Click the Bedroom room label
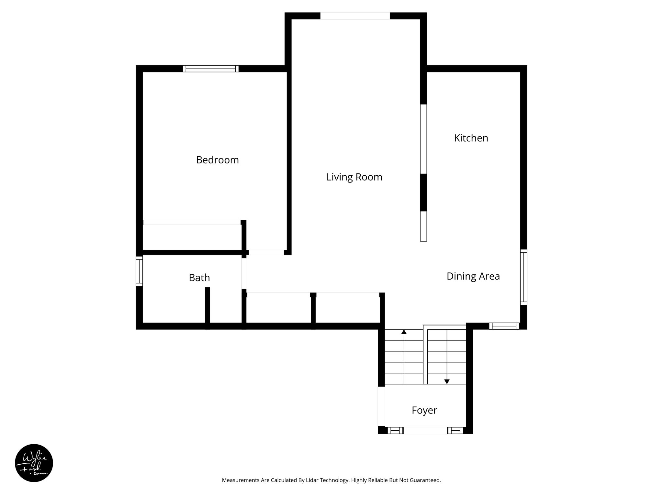point(217,160)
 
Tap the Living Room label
point(354,177)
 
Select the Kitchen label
point(471,138)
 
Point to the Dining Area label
point(473,276)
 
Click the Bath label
point(199,278)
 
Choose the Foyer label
point(424,410)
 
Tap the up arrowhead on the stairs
point(404,332)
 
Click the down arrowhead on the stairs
point(447,382)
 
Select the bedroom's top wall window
point(210,69)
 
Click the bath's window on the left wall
point(139,271)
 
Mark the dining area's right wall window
point(523,277)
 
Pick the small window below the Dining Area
point(504,326)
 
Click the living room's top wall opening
point(355,16)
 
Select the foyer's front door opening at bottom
point(425,430)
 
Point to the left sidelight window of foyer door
point(395,430)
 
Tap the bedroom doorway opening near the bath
point(266,252)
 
